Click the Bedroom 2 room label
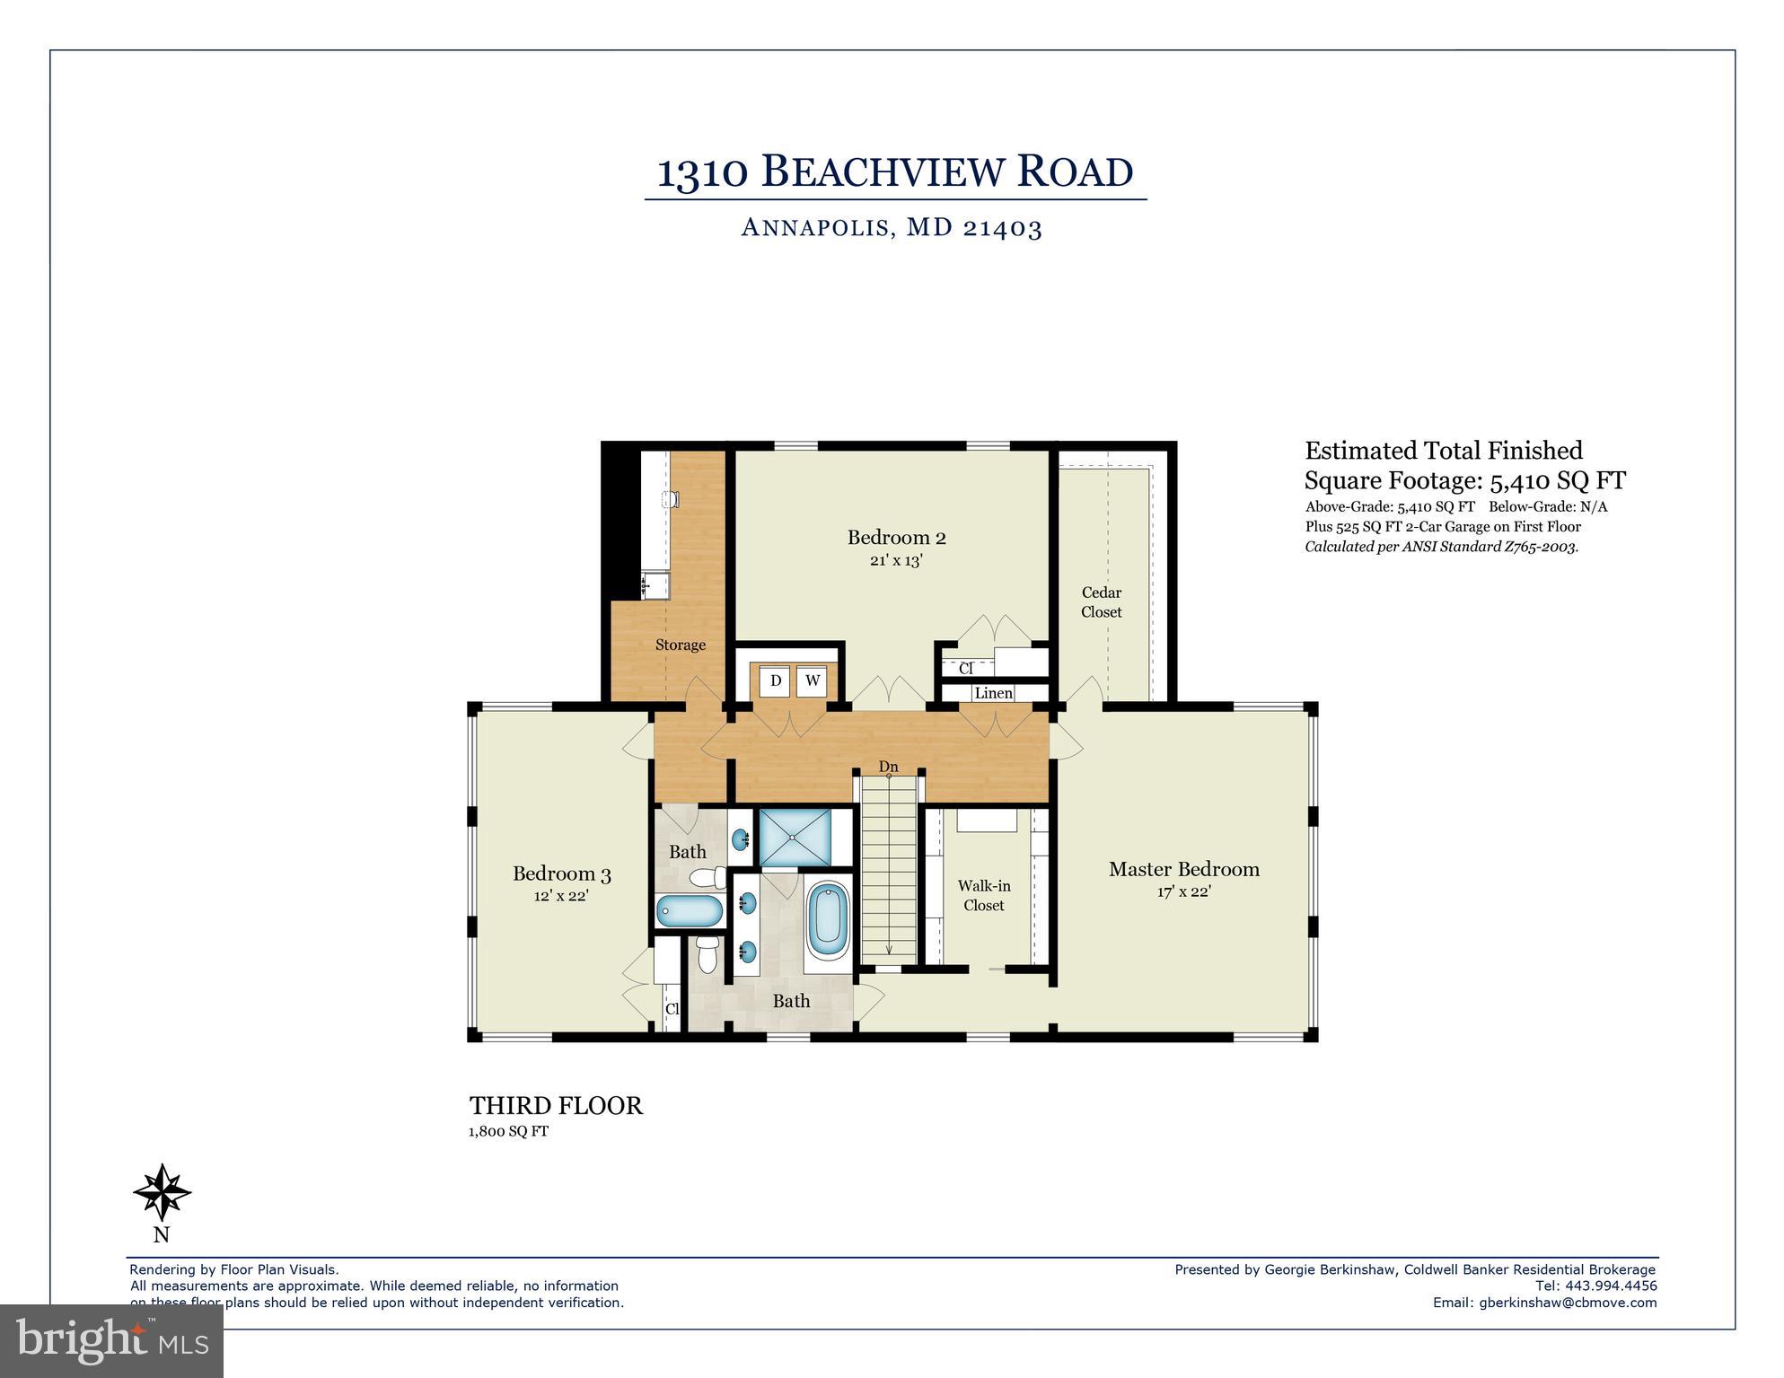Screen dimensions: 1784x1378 pos(896,538)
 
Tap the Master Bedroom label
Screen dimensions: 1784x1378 pos(1183,869)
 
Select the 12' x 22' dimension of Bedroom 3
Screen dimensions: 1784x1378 pos(560,896)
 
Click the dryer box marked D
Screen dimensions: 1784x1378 pos(776,681)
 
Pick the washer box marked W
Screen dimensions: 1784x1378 pos(812,681)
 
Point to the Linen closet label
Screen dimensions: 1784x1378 pos(993,693)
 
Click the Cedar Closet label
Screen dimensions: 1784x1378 pos(1101,602)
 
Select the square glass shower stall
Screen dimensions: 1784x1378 pos(795,838)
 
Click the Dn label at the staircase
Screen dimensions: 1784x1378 pos(888,767)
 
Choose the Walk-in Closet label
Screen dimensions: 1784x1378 pos(984,896)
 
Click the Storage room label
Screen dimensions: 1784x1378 pos(680,645)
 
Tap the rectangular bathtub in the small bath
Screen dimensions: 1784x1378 pos(690,911)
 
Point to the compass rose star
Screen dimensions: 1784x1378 pos(162,1193)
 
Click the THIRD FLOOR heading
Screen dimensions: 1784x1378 pos(556,1106)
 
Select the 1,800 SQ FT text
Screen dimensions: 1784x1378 pos(508,1131)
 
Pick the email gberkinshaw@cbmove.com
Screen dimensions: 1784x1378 pos(1568,1303)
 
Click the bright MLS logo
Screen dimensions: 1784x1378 pos(111,1341)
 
